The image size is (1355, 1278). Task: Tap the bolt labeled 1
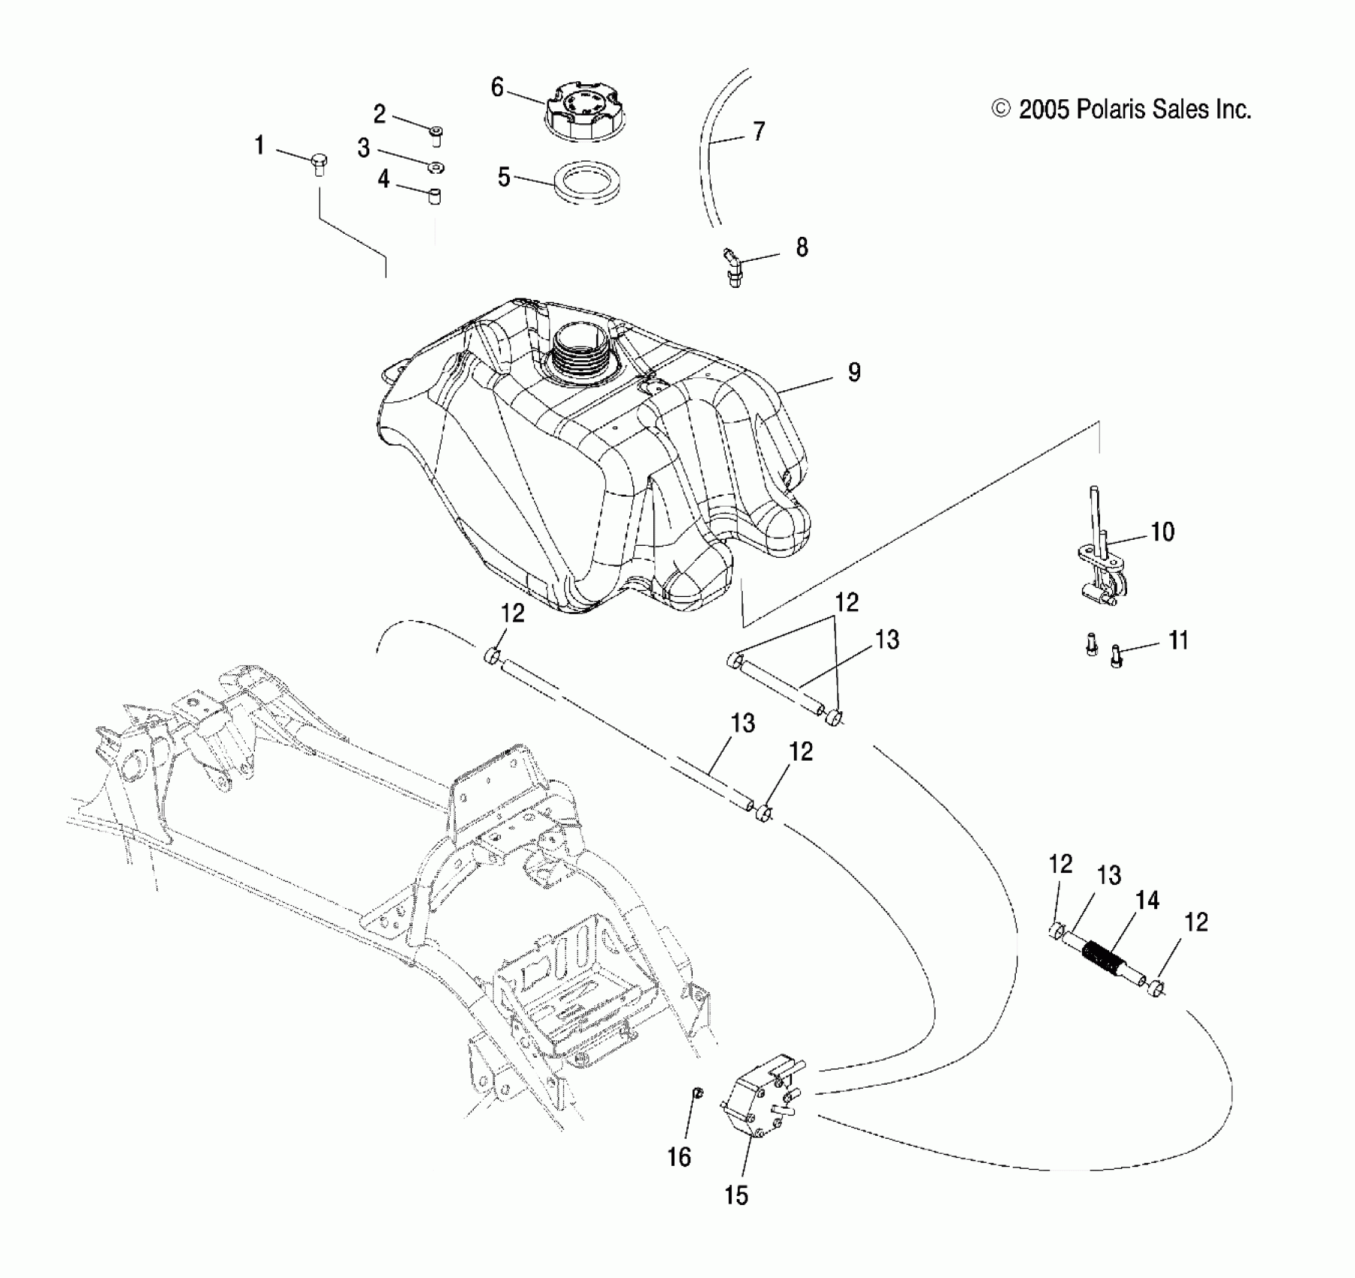[x=318, y=162]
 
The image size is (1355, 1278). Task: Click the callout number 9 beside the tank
[x=854, y=372]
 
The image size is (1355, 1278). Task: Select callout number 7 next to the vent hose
[x=759, y=132]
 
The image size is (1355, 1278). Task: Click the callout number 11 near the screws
[x=1178, y=641]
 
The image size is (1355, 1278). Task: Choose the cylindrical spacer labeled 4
[x=434, y=196]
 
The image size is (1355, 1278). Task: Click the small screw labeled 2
[x=437, y=136]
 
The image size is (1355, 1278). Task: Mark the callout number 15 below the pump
[x=736, y=1195]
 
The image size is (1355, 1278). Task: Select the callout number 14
[x=1147, y=900]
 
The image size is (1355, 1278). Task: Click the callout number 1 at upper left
[x=259, y=145]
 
